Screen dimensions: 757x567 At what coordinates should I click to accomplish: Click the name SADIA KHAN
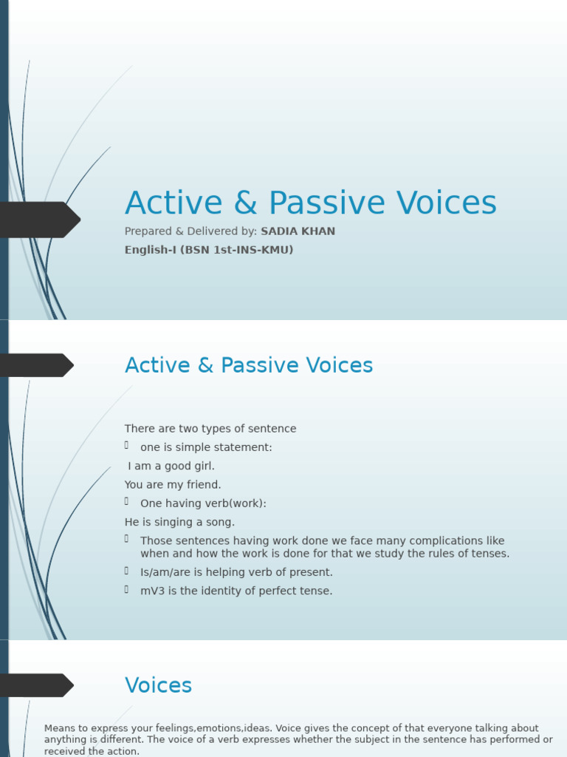pyautogui.click(x=298, y=231)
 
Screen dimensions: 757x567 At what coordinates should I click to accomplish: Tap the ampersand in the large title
pyautogui.click(x=245, y=204)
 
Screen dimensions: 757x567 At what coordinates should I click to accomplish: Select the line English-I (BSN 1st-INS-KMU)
pyautogui.click(x=209, y=250)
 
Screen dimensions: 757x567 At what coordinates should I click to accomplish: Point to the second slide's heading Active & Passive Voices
pyautogui.click(x=249, y=365)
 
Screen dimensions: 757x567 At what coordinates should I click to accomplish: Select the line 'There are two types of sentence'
pyautogui.click(x=210, y=429)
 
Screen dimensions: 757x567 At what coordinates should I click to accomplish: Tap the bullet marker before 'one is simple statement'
pyautogui.click(x=127, y=445)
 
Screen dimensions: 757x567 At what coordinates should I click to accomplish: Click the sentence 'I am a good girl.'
pyautogui.click(x=171, y=466)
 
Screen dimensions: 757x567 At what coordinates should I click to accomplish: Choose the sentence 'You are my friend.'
pyautogui.click(x=173, y=485)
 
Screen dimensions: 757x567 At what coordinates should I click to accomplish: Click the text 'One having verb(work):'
pyautogui.click(x=203, y=503)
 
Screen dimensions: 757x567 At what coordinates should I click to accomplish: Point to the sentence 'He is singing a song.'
pyautogui.click(x=179, y=522)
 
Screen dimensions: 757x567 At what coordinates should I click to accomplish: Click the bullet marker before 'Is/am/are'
pyautogui.click(x=127, y=570)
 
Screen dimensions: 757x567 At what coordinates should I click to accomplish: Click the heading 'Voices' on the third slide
pyautogui.click(x=158, y=685)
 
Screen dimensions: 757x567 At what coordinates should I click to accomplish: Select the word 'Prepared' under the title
pyautogui.click(x=148, y=231)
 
